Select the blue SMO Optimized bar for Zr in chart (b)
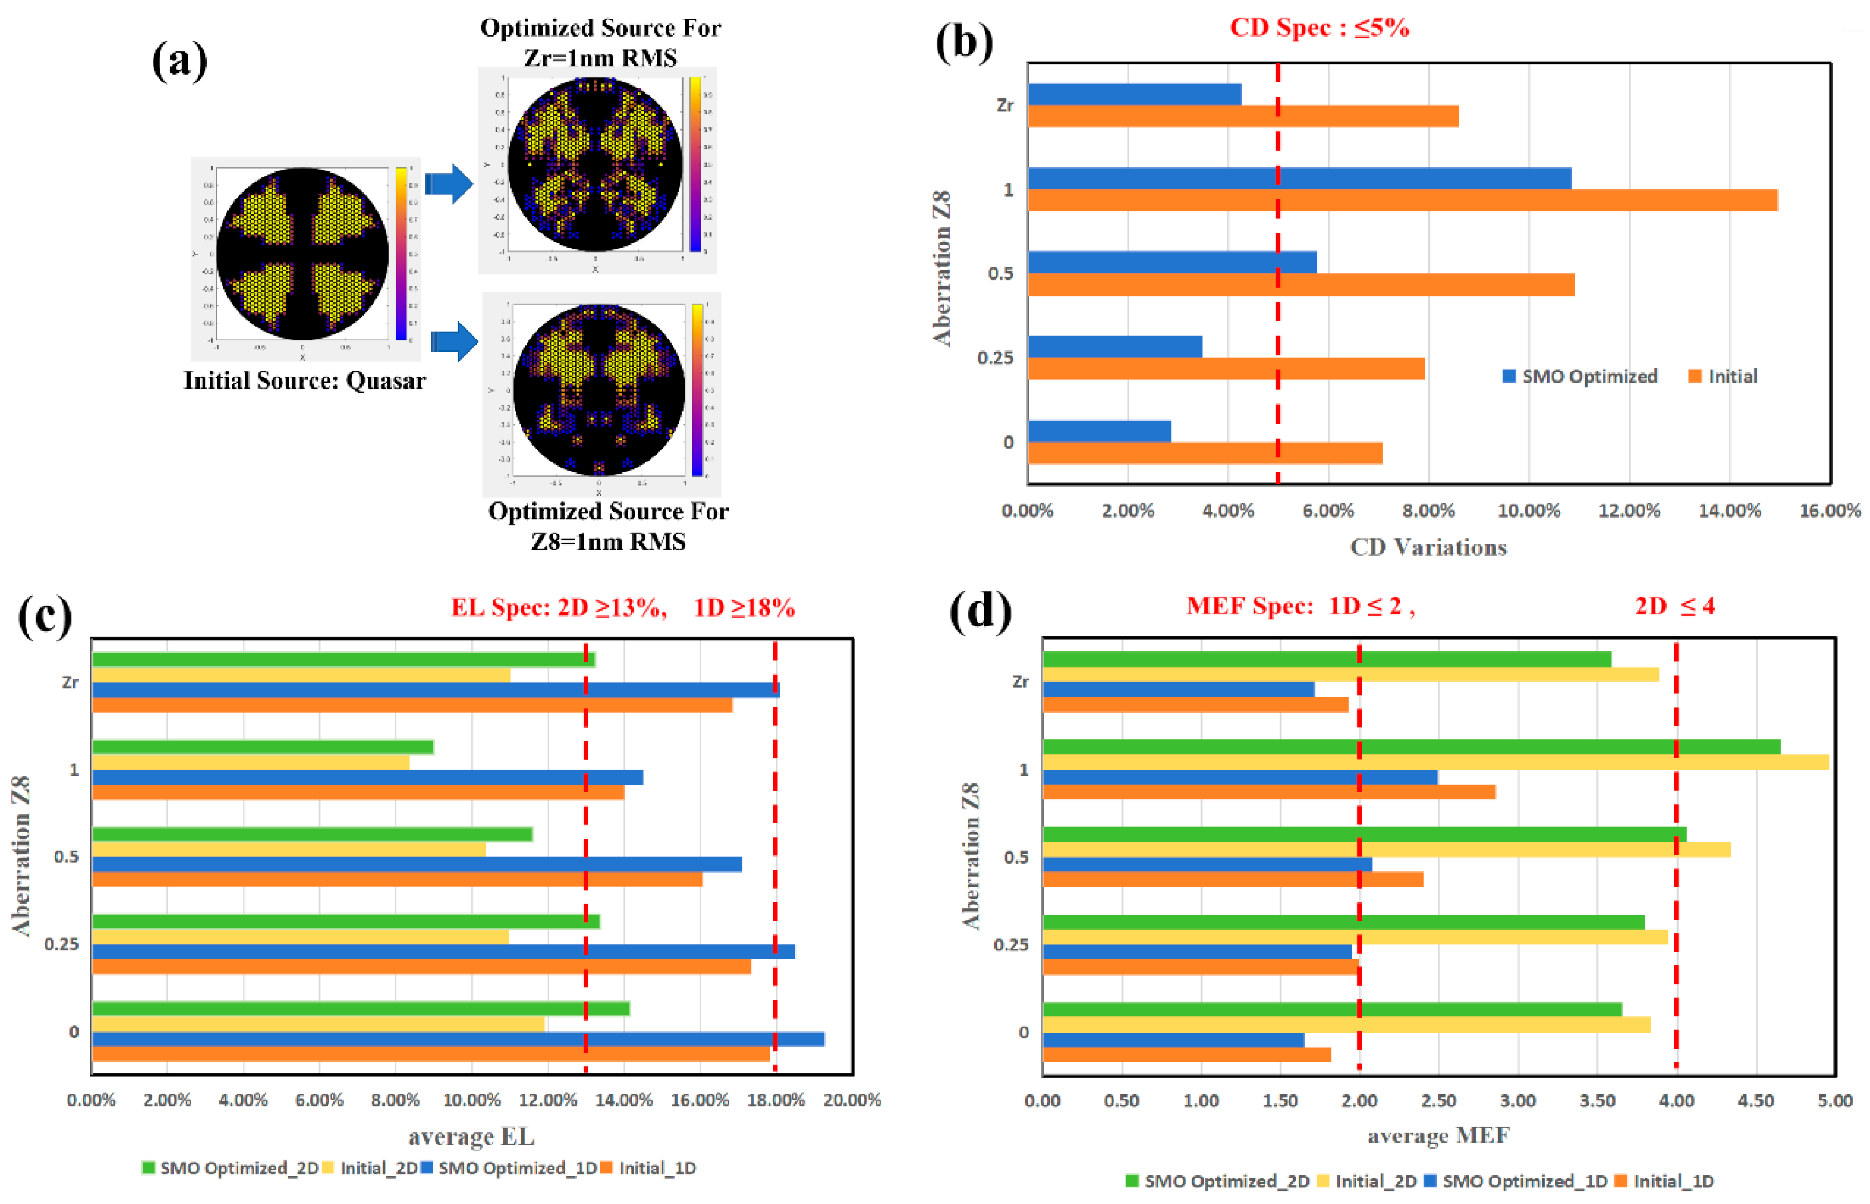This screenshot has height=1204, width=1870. (x=1134, y=95)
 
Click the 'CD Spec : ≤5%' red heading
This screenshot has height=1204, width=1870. (x=1319, y=28)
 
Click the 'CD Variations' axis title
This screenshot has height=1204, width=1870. (x=1427, y=547)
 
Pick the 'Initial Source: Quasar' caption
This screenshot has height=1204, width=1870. (x=304, y=381)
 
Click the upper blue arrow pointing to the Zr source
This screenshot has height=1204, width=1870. (x=450, y=184)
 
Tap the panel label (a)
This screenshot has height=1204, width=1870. (x=180, y=60)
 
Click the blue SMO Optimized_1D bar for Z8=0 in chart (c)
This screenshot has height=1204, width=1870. (x=458, y=1039)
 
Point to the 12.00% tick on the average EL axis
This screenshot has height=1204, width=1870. (x=548, y=1100)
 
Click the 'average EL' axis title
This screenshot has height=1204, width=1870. (x=471, y=1136)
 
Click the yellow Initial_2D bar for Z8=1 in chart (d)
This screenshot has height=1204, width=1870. (x=1434, y=762)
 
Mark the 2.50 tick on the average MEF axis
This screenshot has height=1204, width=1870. (x=1438, y=1101)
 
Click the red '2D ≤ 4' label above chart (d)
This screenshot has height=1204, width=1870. (x=1674, y=606)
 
